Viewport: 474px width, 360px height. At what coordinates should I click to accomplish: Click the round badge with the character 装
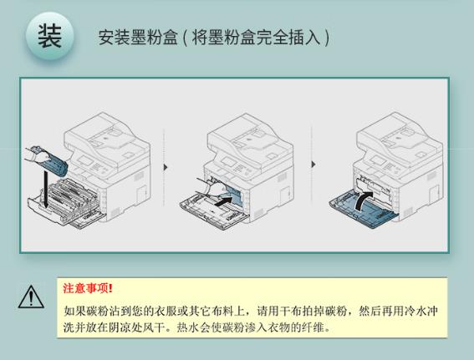50,36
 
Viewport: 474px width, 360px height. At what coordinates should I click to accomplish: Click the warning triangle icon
31,297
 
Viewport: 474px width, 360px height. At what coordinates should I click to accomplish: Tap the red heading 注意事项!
88,288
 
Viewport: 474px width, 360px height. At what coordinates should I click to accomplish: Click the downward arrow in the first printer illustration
46,190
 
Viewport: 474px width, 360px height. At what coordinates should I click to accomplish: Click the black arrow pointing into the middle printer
224,200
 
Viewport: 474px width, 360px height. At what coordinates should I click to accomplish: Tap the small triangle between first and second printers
165,167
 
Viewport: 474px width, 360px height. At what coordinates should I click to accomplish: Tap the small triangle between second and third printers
313,165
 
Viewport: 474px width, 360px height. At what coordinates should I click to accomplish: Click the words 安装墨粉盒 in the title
138,38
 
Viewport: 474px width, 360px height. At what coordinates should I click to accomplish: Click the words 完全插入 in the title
288,38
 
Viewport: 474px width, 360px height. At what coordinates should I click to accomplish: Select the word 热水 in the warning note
186,327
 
